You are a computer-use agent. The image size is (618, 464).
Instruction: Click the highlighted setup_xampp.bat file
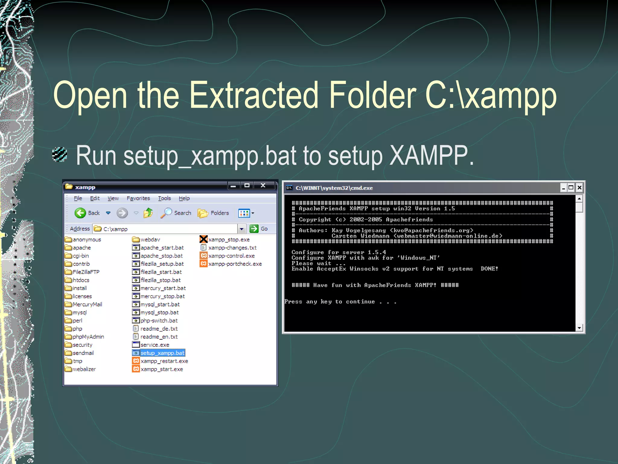click(162, 353)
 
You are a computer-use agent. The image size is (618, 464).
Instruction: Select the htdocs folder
click(81, 280)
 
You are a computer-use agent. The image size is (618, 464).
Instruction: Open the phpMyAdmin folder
click(88, 337)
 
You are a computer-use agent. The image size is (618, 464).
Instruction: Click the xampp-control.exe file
click(231, 256)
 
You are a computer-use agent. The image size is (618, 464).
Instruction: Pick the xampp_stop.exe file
click(228, 240)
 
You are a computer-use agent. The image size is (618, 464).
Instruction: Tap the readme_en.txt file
click(159, 337)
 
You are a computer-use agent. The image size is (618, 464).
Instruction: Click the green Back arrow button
click(80, 213)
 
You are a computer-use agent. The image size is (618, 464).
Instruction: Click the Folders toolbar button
click(214, 213)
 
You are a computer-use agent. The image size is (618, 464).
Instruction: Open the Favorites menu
click(138, 198)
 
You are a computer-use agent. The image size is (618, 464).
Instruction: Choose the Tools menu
click(164, 198)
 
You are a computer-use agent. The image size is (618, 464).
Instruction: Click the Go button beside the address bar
click(259, 229)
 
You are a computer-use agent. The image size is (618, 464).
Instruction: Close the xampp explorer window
click(263, 185)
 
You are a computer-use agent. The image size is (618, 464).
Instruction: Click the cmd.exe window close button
click(579, 188)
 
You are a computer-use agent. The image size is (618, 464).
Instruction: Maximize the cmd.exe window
click(571, 188)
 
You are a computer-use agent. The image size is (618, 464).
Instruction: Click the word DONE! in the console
click(489, 269)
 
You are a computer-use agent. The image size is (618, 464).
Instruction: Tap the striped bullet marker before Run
click(59, 154)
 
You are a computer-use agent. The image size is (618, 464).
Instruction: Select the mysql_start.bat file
click(160, 304)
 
